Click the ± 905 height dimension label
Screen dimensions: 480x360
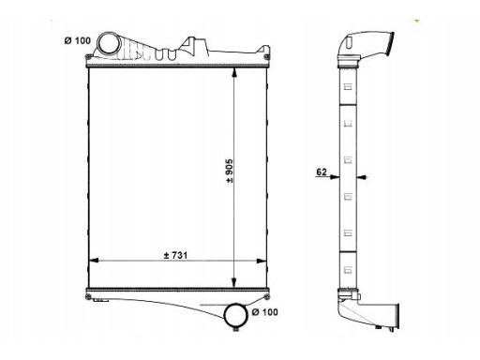point(230,171)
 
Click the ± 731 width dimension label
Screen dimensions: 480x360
point(175,255)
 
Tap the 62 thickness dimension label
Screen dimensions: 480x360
point(322,172)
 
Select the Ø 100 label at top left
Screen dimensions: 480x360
point(78,40)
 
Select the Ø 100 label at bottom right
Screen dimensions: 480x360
point(264,312)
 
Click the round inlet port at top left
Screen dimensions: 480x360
point(108,44)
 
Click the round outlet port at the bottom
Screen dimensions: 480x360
point(236,316)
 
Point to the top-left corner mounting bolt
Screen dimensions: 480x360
point(88,57)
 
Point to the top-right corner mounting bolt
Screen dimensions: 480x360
point(266,57)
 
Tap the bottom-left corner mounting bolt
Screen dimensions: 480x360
point(88,297)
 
